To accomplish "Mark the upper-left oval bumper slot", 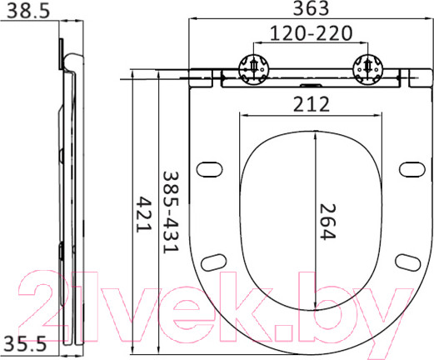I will (212, 169).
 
